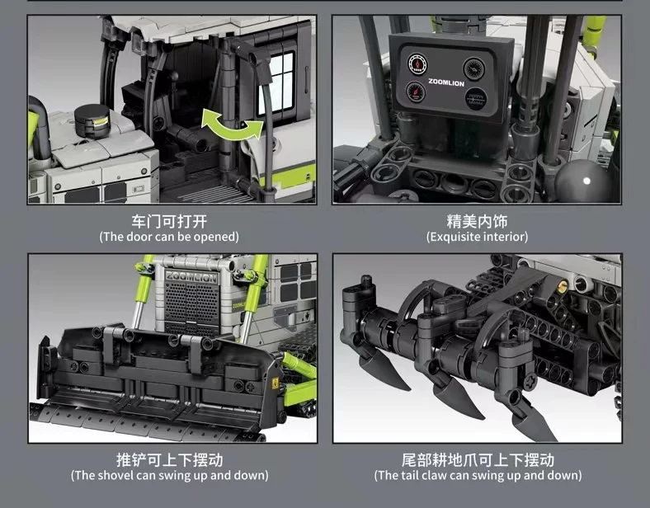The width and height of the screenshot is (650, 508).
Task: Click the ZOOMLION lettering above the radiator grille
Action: [191, 278]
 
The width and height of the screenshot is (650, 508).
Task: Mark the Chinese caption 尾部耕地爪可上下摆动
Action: [477, 459]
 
